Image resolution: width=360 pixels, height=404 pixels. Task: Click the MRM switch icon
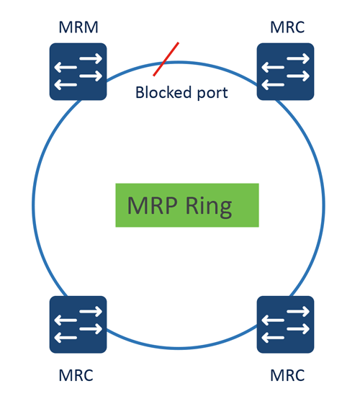click(78, 71)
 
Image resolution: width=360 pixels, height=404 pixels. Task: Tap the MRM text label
click(78, 28)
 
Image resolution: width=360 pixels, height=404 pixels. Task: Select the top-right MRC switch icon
click(286, 71)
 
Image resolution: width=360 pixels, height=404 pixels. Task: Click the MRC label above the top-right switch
click(287, 28)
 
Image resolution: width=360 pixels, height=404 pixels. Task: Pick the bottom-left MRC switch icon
click(78, 324)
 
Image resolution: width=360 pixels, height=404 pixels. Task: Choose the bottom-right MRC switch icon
click(286, 324)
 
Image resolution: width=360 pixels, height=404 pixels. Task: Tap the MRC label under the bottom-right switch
click(287, 375)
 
